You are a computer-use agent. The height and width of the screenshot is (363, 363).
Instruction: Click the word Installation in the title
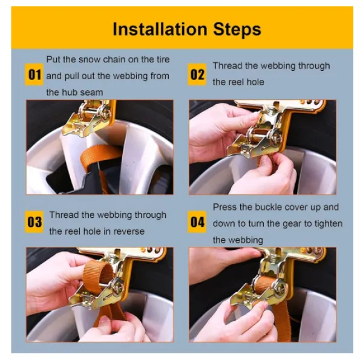click(160, 29)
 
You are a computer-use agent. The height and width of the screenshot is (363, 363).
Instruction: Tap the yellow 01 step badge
click(34, 74)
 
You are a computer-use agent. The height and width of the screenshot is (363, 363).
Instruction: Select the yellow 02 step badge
click(197, 74)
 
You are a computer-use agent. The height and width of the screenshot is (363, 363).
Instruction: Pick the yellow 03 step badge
click(34, 222)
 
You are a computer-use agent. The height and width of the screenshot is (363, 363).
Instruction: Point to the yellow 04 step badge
click(197, 222)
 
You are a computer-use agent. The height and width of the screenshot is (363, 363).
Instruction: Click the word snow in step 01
click(90, 60)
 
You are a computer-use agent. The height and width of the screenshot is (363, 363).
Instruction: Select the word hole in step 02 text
click(255, 82)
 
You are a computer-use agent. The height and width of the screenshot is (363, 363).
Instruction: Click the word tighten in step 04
click(329, 224)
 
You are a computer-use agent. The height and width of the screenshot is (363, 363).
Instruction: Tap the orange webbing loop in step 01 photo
click(100, 155)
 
